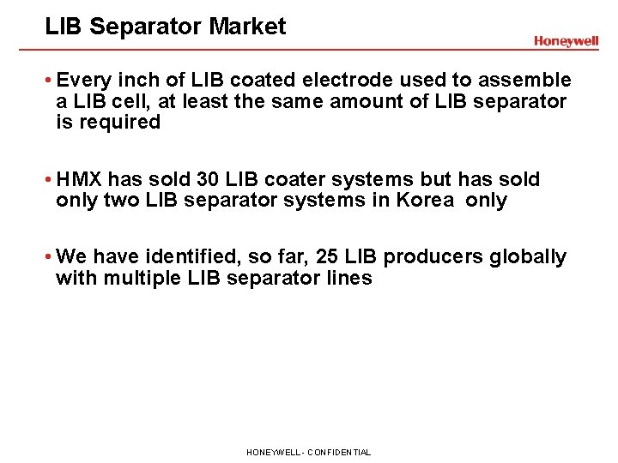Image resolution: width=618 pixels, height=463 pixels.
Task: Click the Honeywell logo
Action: coord(566,41)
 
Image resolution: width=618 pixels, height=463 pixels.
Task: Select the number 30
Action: coord(181,180)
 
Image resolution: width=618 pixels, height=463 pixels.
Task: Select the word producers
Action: coord(435,257)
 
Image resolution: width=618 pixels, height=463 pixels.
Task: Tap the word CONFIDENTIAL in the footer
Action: coord(338,452)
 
